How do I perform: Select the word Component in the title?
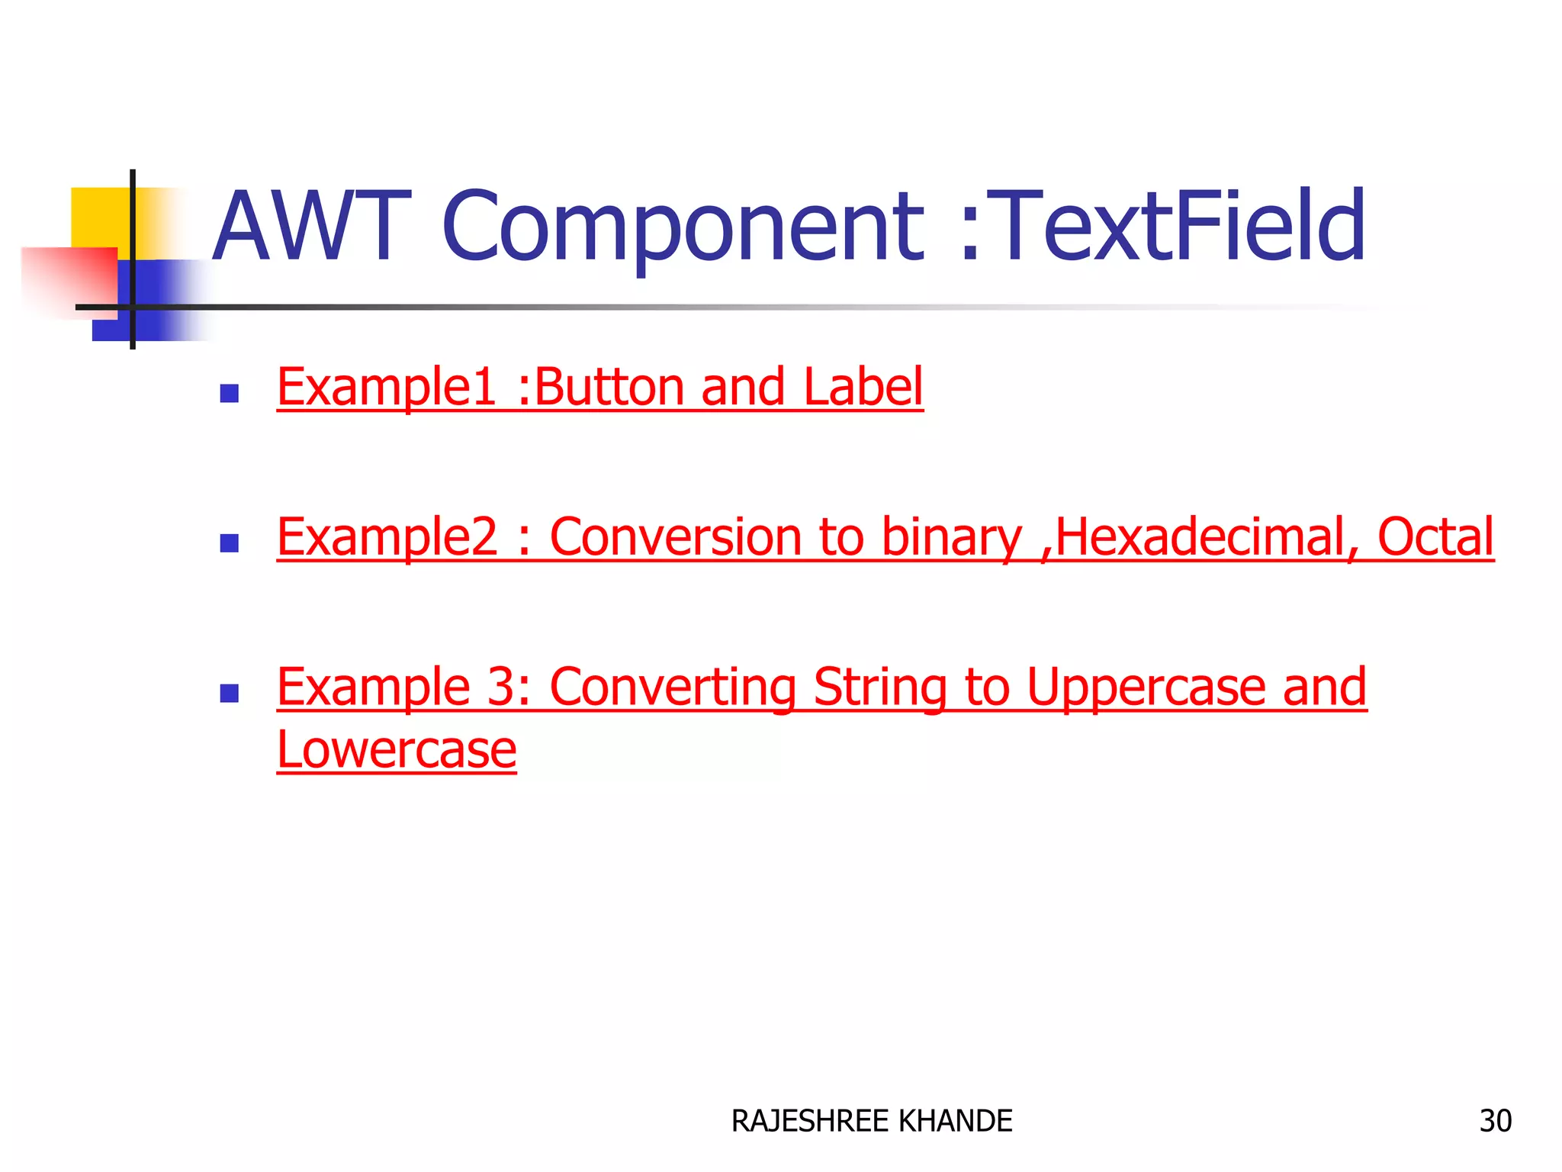coord(683,227)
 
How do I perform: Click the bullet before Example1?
coord(229,394)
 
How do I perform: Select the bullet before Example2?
coord(229,543)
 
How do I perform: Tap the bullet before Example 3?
coord(229,693)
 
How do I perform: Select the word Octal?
coord(1435,536)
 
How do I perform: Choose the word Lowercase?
coord(397,749)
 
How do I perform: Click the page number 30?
coord(1495,1121)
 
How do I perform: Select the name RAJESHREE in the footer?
coord(810,1121)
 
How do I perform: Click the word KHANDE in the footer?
coord(956,1121)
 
